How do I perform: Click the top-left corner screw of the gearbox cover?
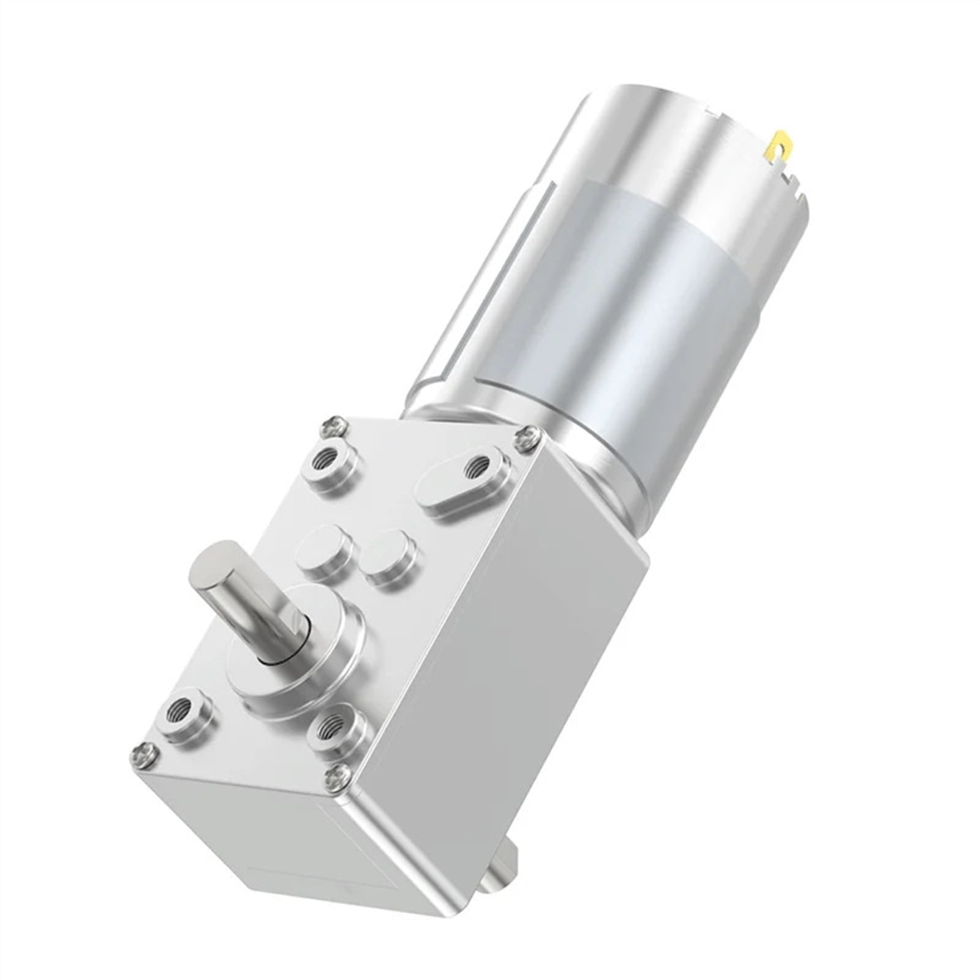(x=334, y=425)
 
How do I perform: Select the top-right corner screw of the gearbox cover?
(x=526, y=439)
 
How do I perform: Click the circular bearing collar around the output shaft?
(x=306, y=661)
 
